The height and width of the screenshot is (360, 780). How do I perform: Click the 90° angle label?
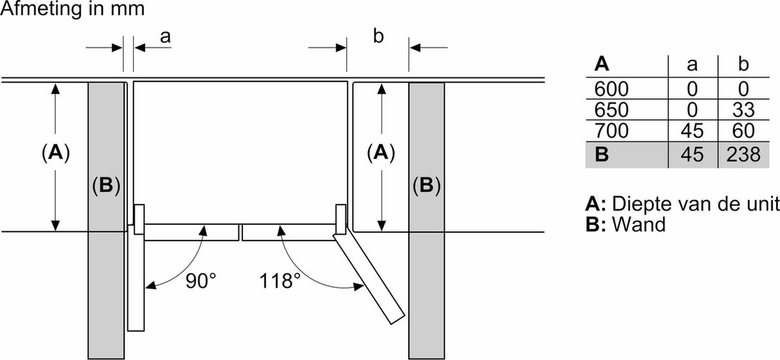(201, 281)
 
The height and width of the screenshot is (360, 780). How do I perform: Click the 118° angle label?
(279, 281)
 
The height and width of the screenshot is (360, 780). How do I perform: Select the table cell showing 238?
(743, 154)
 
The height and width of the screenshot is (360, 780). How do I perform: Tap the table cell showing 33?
(743, 110)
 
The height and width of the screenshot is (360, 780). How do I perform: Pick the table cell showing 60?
(743, 131)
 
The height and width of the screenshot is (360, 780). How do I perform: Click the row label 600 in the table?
(611, 89)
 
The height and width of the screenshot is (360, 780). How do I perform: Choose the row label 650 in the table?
(611, 110)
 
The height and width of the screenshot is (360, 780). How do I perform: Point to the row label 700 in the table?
(611, 131)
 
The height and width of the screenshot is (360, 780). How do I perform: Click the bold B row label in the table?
(602, 154)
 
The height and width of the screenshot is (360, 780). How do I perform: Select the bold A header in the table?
(602, 64)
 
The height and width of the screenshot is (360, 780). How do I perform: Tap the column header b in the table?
(743, 64)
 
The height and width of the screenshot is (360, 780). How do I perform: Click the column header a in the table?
(692, 65)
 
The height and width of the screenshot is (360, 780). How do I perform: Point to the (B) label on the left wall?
(106, 185)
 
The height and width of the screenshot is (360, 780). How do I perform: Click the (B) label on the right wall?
(426, 185)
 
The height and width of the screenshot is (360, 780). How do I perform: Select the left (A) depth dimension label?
(56, 153)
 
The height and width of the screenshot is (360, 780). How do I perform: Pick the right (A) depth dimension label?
(381, 153)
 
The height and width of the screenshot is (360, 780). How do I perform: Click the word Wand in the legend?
(638, 224)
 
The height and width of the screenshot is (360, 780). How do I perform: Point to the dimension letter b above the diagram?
(378, 36)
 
